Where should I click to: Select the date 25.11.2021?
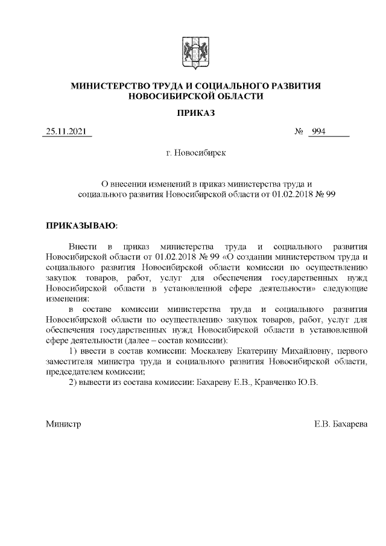pyautogui.click(x=66, y=132)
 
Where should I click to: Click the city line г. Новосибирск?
pyautogui.click(x=195, y=154)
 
